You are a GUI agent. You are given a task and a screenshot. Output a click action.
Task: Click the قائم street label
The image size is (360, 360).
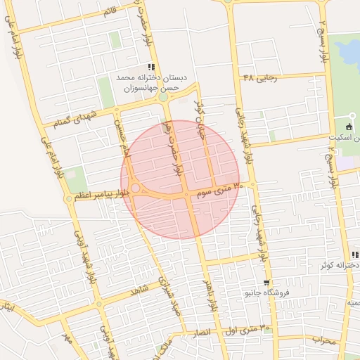click(110, 11)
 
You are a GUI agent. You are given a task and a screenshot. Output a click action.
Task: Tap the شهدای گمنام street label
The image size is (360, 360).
click(72, 118)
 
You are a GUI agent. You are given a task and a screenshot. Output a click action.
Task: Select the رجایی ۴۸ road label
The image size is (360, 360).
click(260, 77)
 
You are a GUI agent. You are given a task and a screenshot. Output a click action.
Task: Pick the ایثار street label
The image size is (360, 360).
click(6, 307)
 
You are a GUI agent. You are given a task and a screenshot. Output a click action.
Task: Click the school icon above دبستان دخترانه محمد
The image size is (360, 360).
click(151, 67)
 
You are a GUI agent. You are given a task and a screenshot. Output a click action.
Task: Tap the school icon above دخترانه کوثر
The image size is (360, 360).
click(356, 254)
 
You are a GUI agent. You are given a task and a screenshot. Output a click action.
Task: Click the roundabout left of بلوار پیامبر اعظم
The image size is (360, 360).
click(69, 199)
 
